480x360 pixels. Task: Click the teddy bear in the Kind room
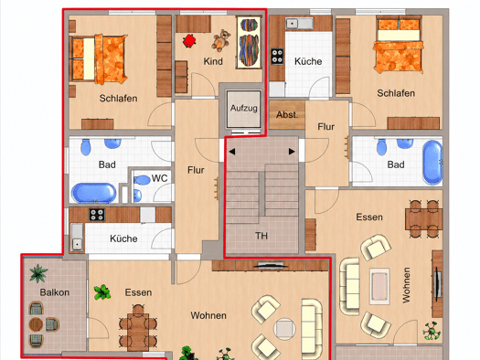click(x=221, y=40)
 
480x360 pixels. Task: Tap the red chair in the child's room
click(x=190, y=41)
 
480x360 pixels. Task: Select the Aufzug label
click(x=244, y=108)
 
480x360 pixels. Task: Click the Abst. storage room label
click(x=287, y=115)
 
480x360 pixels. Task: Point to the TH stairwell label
click(x=261, y=236)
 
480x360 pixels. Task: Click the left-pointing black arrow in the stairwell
click(x=231, y=152)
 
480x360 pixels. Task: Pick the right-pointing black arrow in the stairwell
click(x=292, y=152)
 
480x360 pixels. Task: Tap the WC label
click(x=159, y=178)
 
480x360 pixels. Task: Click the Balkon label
click(x=55, y=292)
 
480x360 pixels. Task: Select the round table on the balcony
click(x=36, y=324)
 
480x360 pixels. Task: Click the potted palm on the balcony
click(x=38, y=273)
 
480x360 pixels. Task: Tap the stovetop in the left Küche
click(x=97, y=215)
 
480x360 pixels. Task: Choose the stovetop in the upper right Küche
click(x=277, y=57)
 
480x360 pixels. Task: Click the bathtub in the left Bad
click(x=93, y=193)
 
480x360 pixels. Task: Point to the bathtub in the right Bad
click(x=432, y=163)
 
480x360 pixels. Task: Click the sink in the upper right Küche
click(x=299, y=24)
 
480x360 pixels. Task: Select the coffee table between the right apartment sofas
click(x=379, y=286)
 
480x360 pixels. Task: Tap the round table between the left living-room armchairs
click(x=284, y=329)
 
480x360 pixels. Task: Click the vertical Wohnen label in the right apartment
click(x=406, y=285)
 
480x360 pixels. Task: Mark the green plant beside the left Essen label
click(x=101, y=292)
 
